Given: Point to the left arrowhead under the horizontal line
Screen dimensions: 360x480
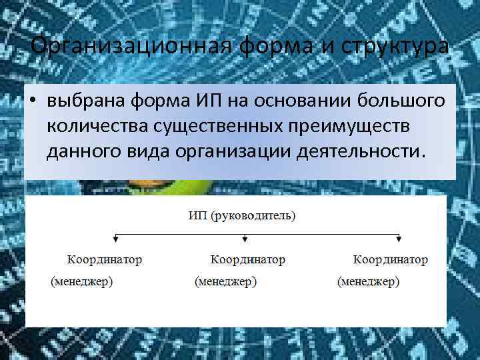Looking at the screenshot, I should tap(116, 238).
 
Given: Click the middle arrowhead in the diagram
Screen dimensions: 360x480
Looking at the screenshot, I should tap(245, 238).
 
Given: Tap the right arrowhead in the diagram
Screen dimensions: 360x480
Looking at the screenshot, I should tap(399, 238).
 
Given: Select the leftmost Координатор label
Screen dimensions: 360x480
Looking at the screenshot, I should tap(105, 259).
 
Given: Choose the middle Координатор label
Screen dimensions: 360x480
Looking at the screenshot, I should tap(247, 259).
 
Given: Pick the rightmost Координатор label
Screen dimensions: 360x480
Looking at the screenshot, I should tap(391, 259).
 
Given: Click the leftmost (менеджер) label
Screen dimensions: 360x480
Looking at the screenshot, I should tap(82, 282).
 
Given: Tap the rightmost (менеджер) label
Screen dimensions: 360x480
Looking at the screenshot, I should tap(369, 282).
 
